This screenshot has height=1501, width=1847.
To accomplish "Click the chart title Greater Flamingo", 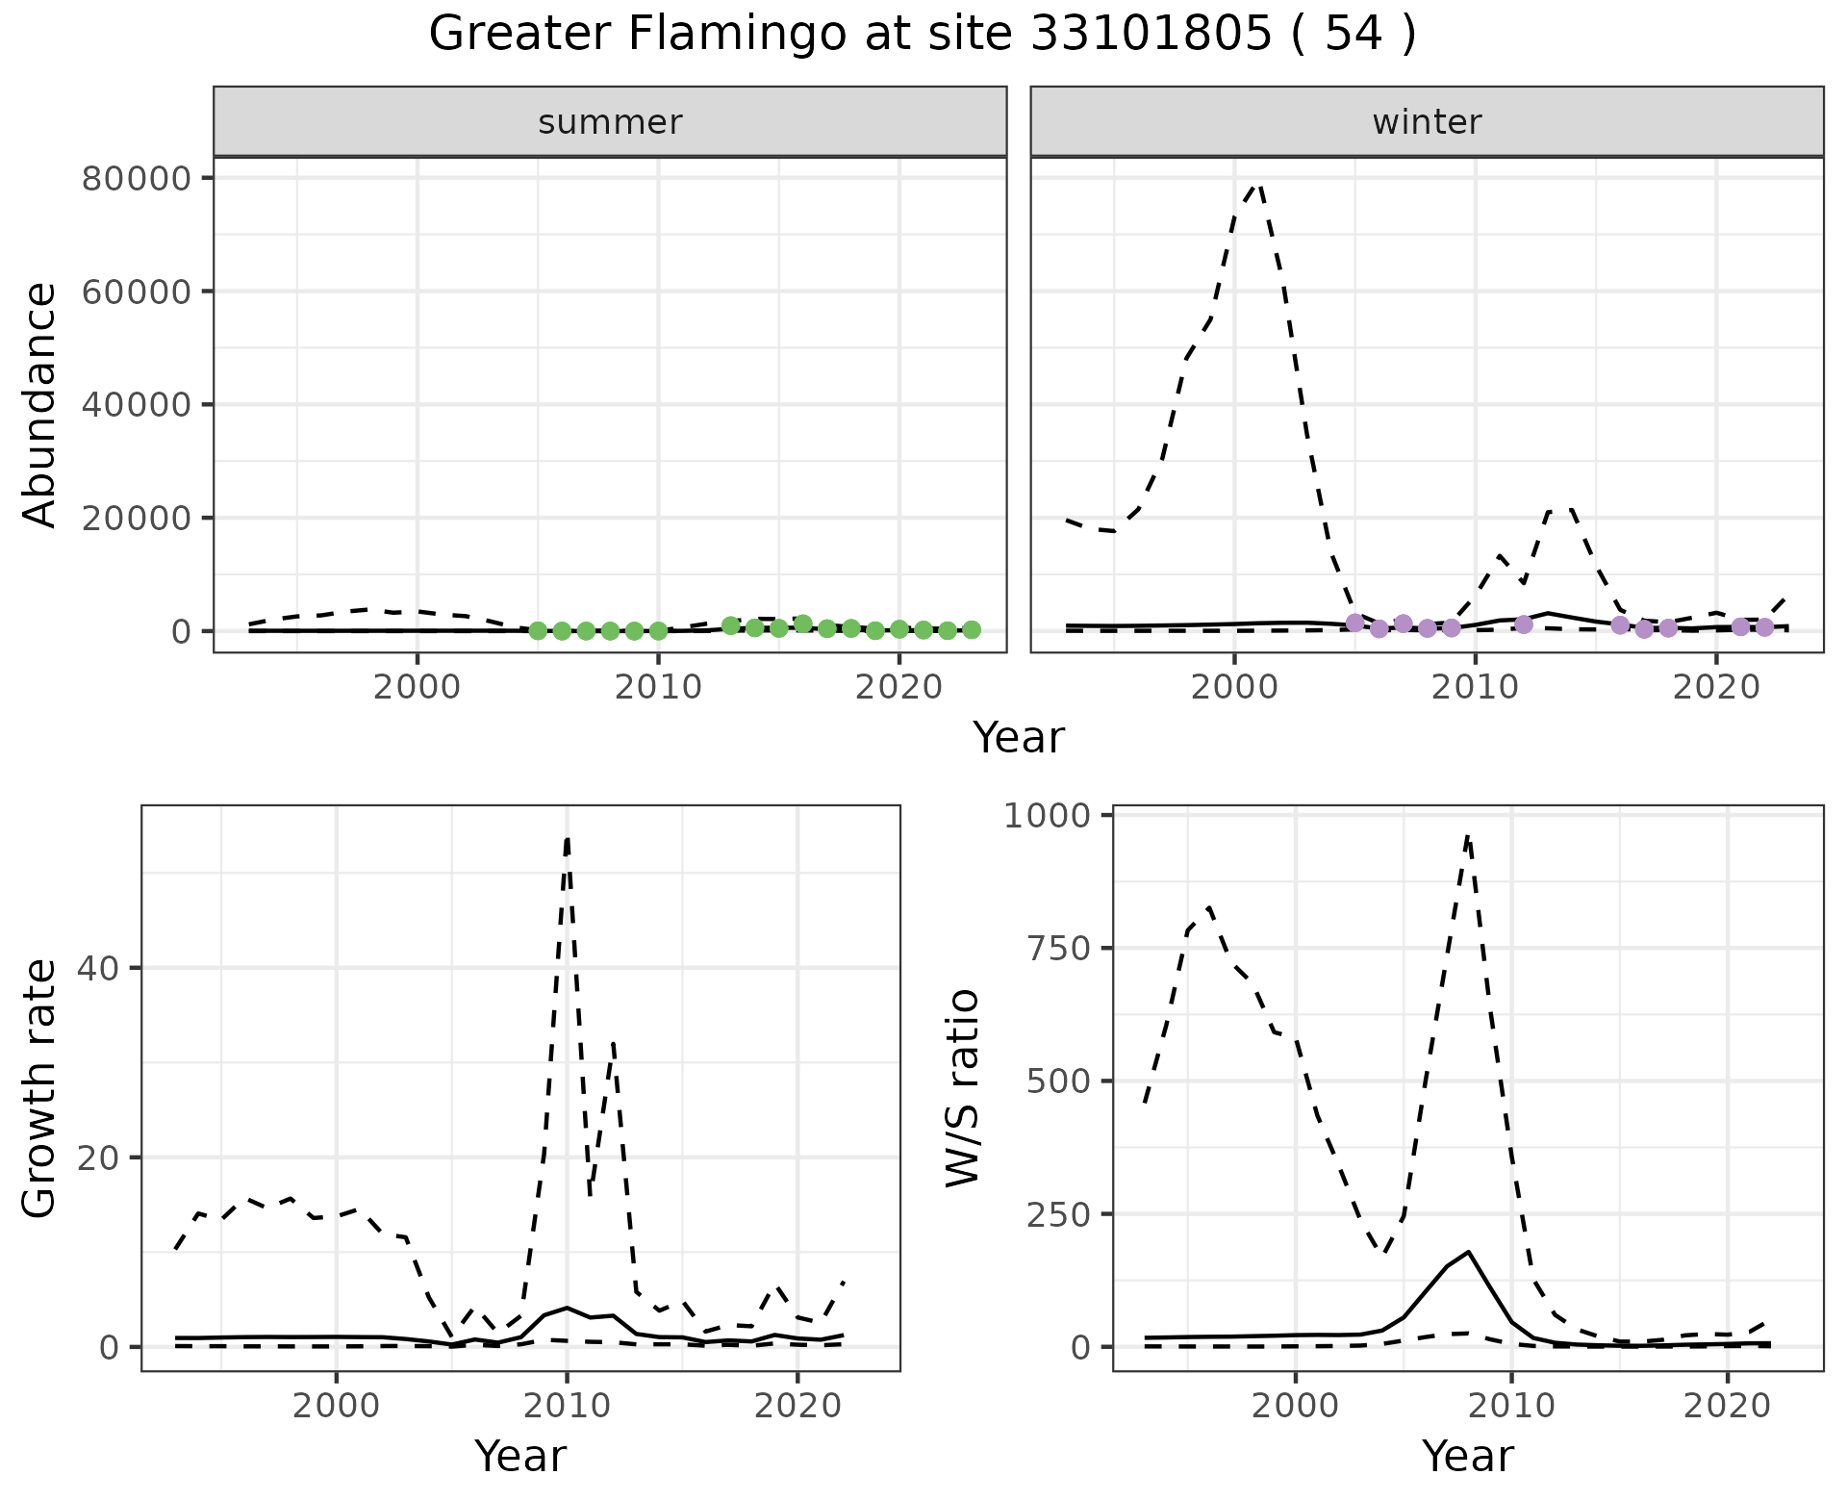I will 922,35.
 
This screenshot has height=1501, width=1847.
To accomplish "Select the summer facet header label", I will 610,122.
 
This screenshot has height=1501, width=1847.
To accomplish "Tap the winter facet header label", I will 1427,122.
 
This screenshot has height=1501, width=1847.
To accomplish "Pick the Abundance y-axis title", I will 40,405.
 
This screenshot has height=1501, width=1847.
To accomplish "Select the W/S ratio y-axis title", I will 962,1088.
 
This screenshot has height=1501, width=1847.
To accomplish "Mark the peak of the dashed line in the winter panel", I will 1256,184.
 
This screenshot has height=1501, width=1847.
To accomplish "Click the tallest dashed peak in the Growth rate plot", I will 568,839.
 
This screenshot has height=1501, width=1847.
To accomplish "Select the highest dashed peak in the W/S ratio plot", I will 1467,837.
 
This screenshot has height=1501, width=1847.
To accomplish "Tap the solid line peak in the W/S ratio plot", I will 1468,1252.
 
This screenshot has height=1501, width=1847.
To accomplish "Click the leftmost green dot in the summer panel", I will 538,630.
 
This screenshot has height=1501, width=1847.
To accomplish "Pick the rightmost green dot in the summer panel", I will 972,629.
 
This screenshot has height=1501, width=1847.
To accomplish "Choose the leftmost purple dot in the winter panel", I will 1354,623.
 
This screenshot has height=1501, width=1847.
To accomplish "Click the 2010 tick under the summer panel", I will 658,688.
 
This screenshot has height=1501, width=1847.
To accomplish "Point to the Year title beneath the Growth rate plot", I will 520,1457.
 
